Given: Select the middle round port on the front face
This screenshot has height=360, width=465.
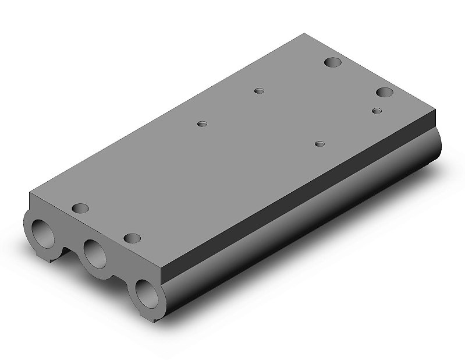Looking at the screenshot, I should pos(94,253).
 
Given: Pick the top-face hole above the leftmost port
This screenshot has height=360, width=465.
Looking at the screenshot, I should pos(80,207).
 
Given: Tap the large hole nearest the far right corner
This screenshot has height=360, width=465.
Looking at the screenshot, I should pos(384,92).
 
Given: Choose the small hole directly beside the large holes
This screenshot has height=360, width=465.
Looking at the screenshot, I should pos(377,110).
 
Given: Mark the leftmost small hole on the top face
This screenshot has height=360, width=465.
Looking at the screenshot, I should pos(202,124).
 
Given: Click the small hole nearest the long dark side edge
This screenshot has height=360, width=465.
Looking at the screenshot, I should pos(319,143).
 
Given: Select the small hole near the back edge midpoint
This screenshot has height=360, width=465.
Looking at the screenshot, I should pos(260,90).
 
